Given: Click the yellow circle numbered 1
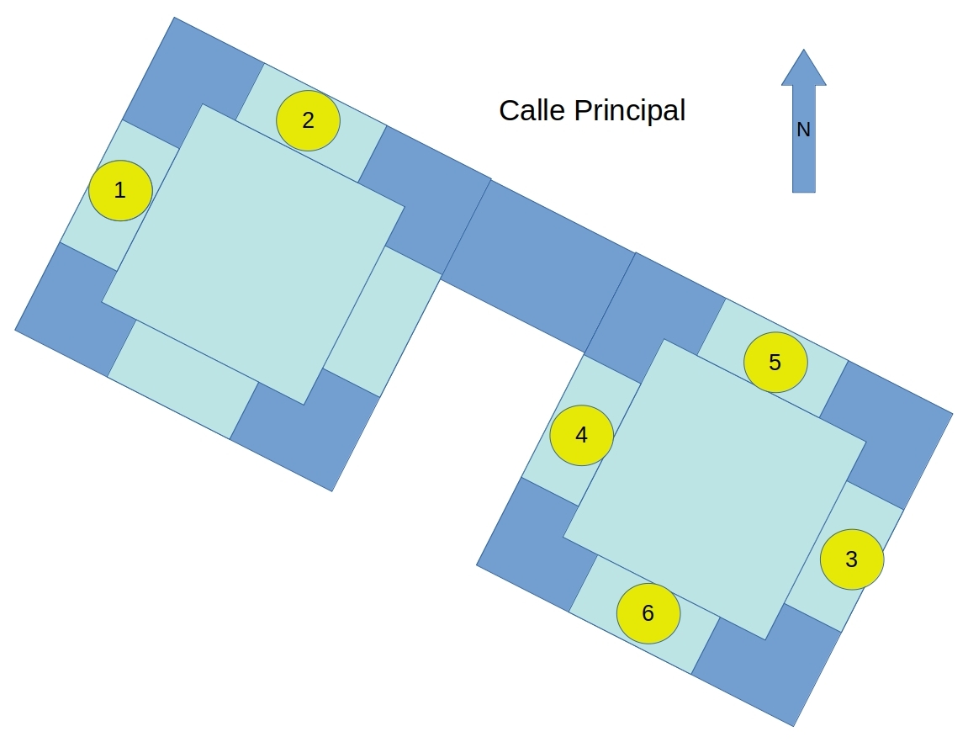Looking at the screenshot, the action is (120, 190).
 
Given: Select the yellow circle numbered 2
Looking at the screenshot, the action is (308, 120).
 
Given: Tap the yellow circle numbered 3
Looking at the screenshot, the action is (851, 559).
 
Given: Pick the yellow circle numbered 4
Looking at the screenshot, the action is (581, 435).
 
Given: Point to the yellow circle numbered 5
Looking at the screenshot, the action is (775, 363).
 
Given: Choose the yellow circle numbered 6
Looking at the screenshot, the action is (648, 613).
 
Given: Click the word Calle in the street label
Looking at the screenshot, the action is (532, 110).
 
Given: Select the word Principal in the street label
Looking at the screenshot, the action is (630, 111).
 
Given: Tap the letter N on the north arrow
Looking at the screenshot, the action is (803, 130).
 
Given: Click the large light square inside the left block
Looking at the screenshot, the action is (253, 254).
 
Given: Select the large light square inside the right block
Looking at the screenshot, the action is (715, 490).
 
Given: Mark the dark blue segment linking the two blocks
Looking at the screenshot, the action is (538, 267).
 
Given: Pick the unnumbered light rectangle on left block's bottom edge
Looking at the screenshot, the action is (182, 379).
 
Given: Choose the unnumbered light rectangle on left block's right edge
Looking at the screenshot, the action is (383, 321).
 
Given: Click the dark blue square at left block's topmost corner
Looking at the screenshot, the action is (193, 82).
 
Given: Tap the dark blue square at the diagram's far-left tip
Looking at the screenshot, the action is (75, 309).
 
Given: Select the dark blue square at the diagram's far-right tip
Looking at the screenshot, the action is (886, 435).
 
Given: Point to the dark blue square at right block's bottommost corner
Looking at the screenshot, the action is (766, 665).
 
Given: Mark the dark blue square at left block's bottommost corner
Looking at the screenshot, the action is (304, 430).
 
